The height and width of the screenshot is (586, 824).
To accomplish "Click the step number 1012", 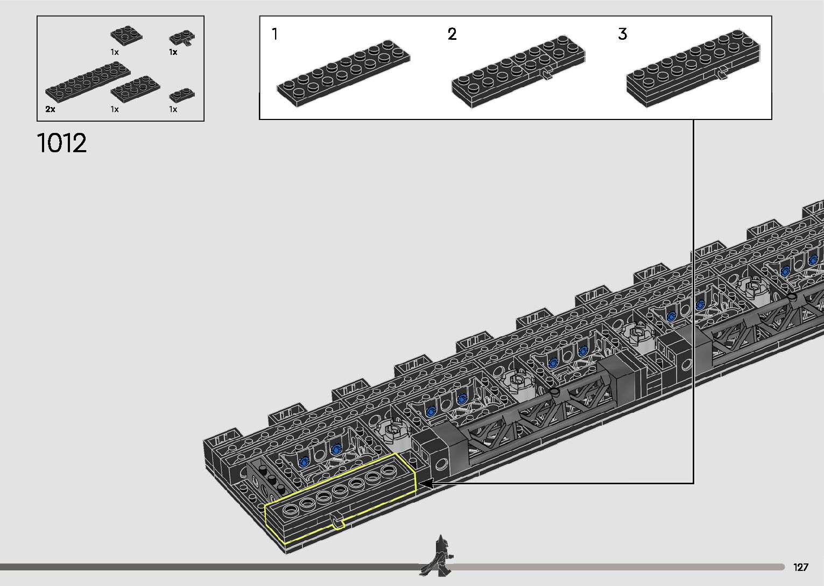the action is click(62, 143).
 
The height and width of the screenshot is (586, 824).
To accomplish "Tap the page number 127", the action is click(801, 567).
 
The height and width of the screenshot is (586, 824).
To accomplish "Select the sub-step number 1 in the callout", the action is click(274, 34).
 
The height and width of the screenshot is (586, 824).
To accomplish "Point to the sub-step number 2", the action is click(452, 34).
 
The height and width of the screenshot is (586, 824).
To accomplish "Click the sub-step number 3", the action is click(622, 34).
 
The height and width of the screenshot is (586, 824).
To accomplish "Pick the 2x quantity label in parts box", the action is click(51, 109).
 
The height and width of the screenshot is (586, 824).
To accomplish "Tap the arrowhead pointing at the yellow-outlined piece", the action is click(426, 484).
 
